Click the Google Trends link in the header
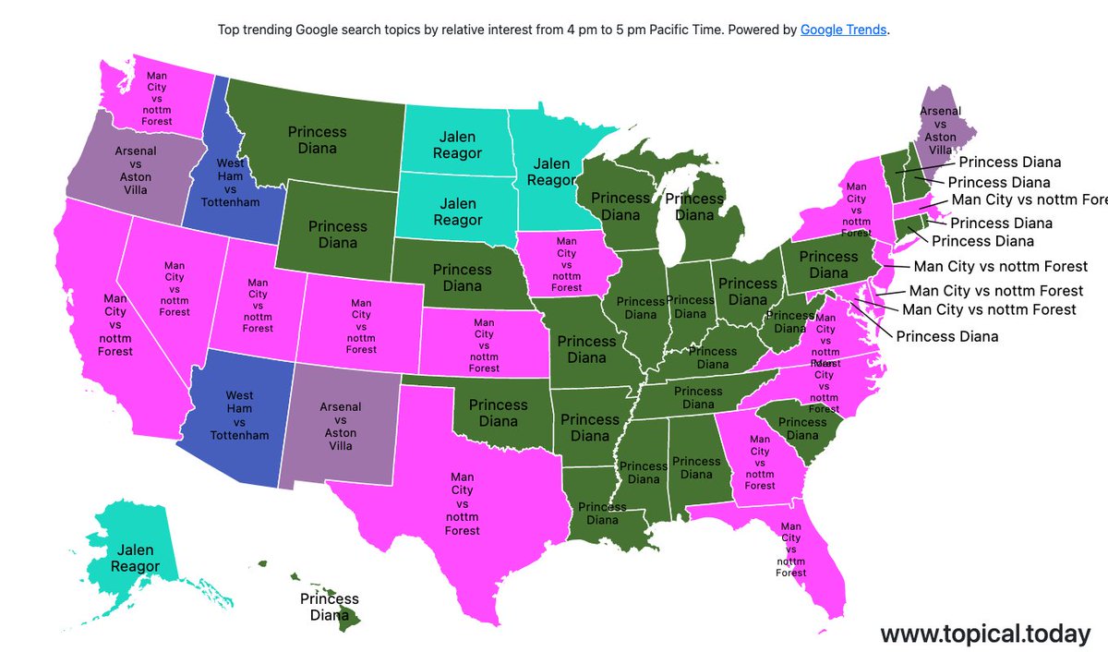tap(843, 30)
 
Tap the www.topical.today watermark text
tap(985, 634)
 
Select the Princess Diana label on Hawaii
tap(330, 607)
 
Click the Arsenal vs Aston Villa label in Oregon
tap(135, 170)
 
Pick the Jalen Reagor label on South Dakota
tap(458, 211)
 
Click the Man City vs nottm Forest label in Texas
tap(462, 503)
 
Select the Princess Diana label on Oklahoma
tap(499, 413)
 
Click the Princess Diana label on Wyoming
tap(337, 235)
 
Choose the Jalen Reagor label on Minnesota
tap(551, 173)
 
